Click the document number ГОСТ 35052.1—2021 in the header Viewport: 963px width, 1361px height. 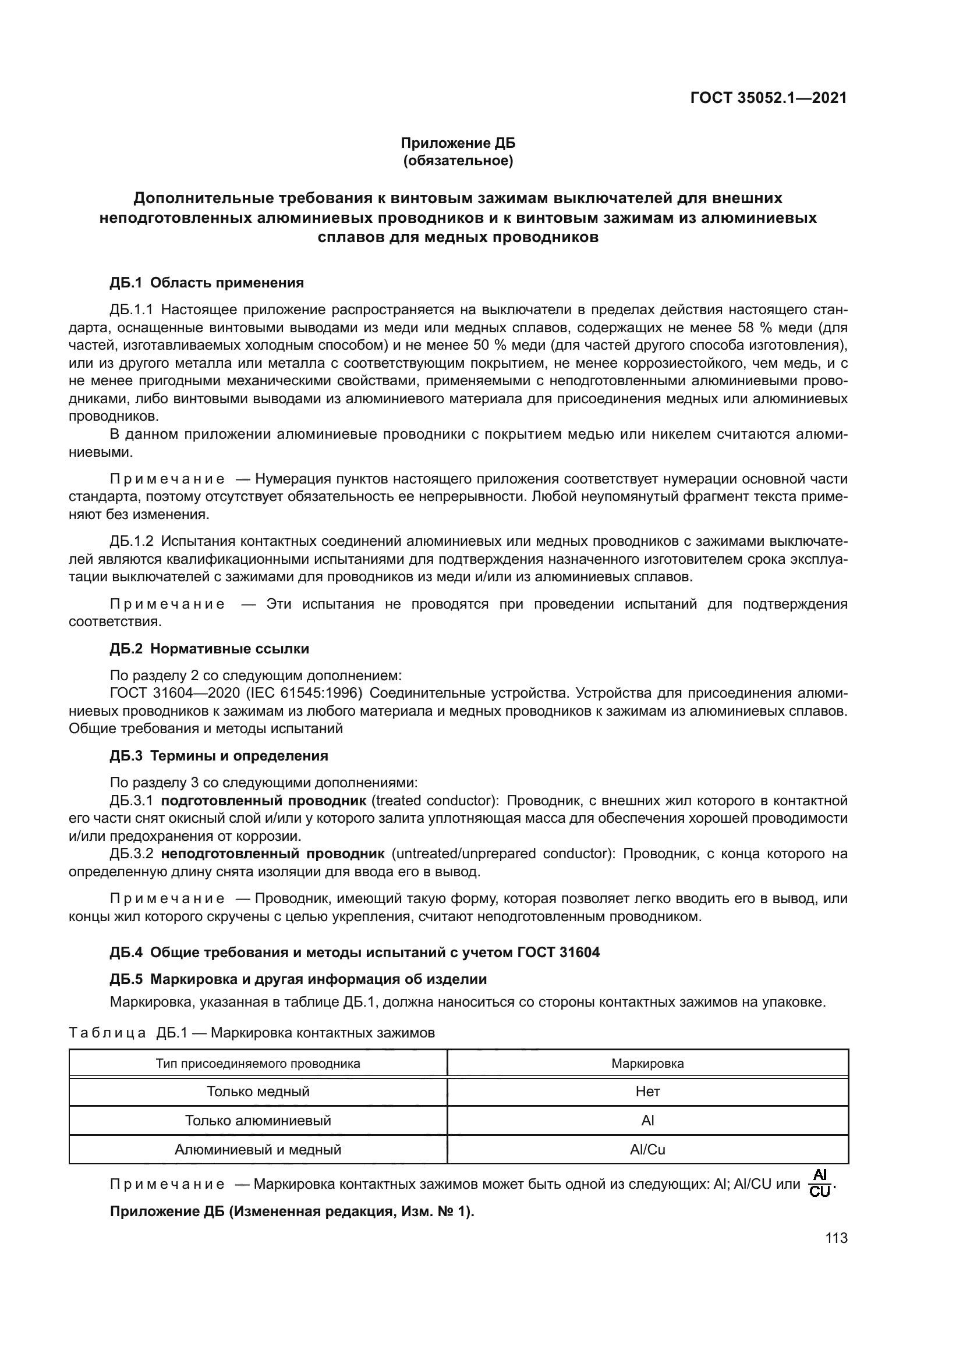click(768, 98)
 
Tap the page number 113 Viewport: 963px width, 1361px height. click(836, 1238)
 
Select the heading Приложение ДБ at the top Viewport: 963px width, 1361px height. click(458, 143)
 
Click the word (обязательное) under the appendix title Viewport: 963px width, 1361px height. click(458, 161)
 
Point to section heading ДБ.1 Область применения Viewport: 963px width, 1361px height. click(206, 283)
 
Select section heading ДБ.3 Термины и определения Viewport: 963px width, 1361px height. click(218, 756)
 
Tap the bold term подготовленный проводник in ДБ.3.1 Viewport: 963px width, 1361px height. click(263, 801)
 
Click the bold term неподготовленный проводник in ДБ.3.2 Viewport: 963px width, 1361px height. click(272, 854)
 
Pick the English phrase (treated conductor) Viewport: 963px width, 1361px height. click(435, 801)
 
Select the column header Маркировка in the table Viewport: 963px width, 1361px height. click(647, 1064)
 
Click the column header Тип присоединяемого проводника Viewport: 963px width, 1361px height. click(258, 1064)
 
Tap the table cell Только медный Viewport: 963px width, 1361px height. click(258, 1091)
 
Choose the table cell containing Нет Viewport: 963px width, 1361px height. click(647, 1091)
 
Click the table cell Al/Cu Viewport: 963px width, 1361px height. click(647, 1150)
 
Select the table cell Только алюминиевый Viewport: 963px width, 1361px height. click(258, 1120)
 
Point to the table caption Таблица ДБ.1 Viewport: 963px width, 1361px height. click(252, 1033)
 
